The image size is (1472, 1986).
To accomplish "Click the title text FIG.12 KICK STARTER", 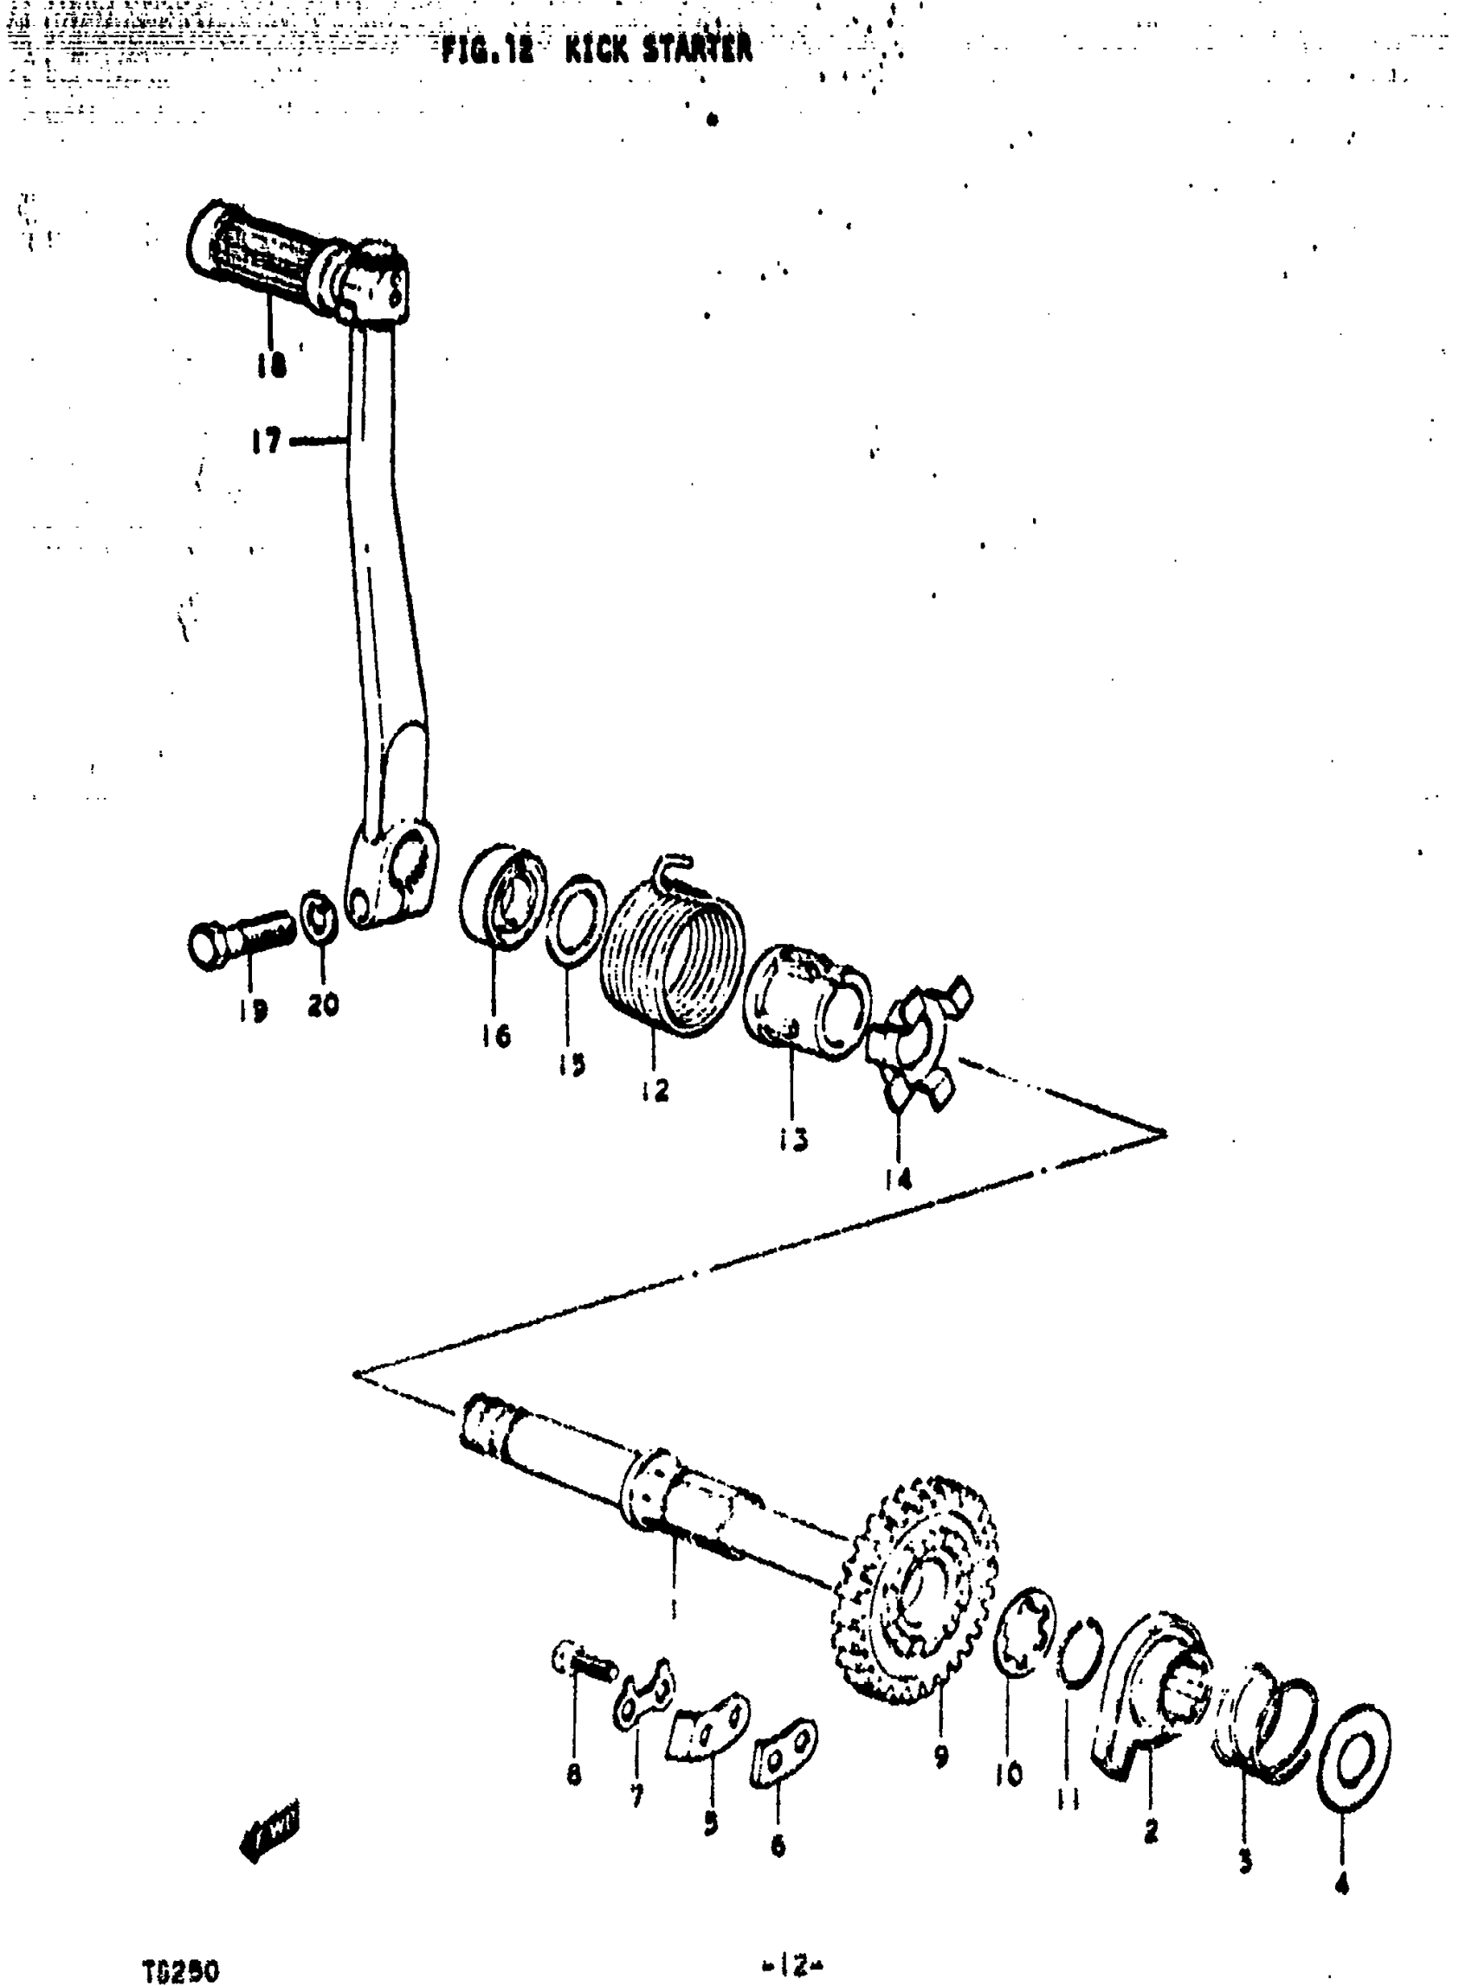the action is (x=596, y=49).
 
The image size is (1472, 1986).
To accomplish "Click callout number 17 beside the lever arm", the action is (x=265, y=440).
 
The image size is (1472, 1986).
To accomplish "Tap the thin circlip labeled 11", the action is (x=1079, y=1651).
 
